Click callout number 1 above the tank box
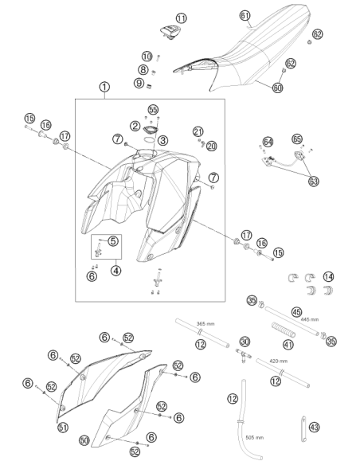pos(104,87)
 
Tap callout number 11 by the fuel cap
pos(181,18)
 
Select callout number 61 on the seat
pos(245,15)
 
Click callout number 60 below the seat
pos(277,88)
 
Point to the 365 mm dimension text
pos(205,324)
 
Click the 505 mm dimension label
pos(254,437)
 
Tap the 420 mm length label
pos(279,361)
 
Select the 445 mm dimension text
pos(310,319)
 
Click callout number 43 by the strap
pos(315,428)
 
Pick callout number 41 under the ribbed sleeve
pos(288,344)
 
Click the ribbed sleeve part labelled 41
pos(284,330)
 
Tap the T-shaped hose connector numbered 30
pos(244,354)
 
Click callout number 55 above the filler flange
pos(153,110)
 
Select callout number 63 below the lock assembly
pos(314,181)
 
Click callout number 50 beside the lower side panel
pos(84,440)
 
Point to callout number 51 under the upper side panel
pos(63,428)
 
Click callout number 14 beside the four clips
pos(328,277)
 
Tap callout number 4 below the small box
pos(116,270)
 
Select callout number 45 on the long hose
pos(297,312)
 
